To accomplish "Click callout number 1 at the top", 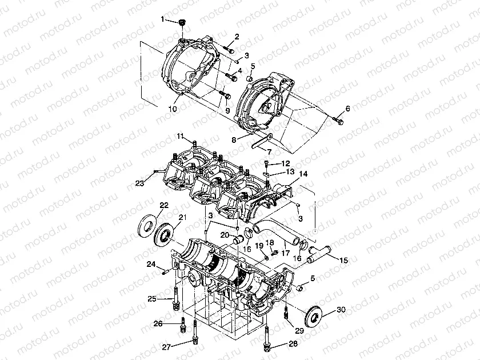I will click(162, 19).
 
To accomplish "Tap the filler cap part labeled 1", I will click(182, 23).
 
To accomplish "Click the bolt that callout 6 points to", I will click(338, 120).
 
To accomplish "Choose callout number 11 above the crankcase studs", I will click(180, 135).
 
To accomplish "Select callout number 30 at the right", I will click(341, 310).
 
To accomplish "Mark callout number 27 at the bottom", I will click(166, 347).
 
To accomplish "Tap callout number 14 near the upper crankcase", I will click(302, 174).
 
